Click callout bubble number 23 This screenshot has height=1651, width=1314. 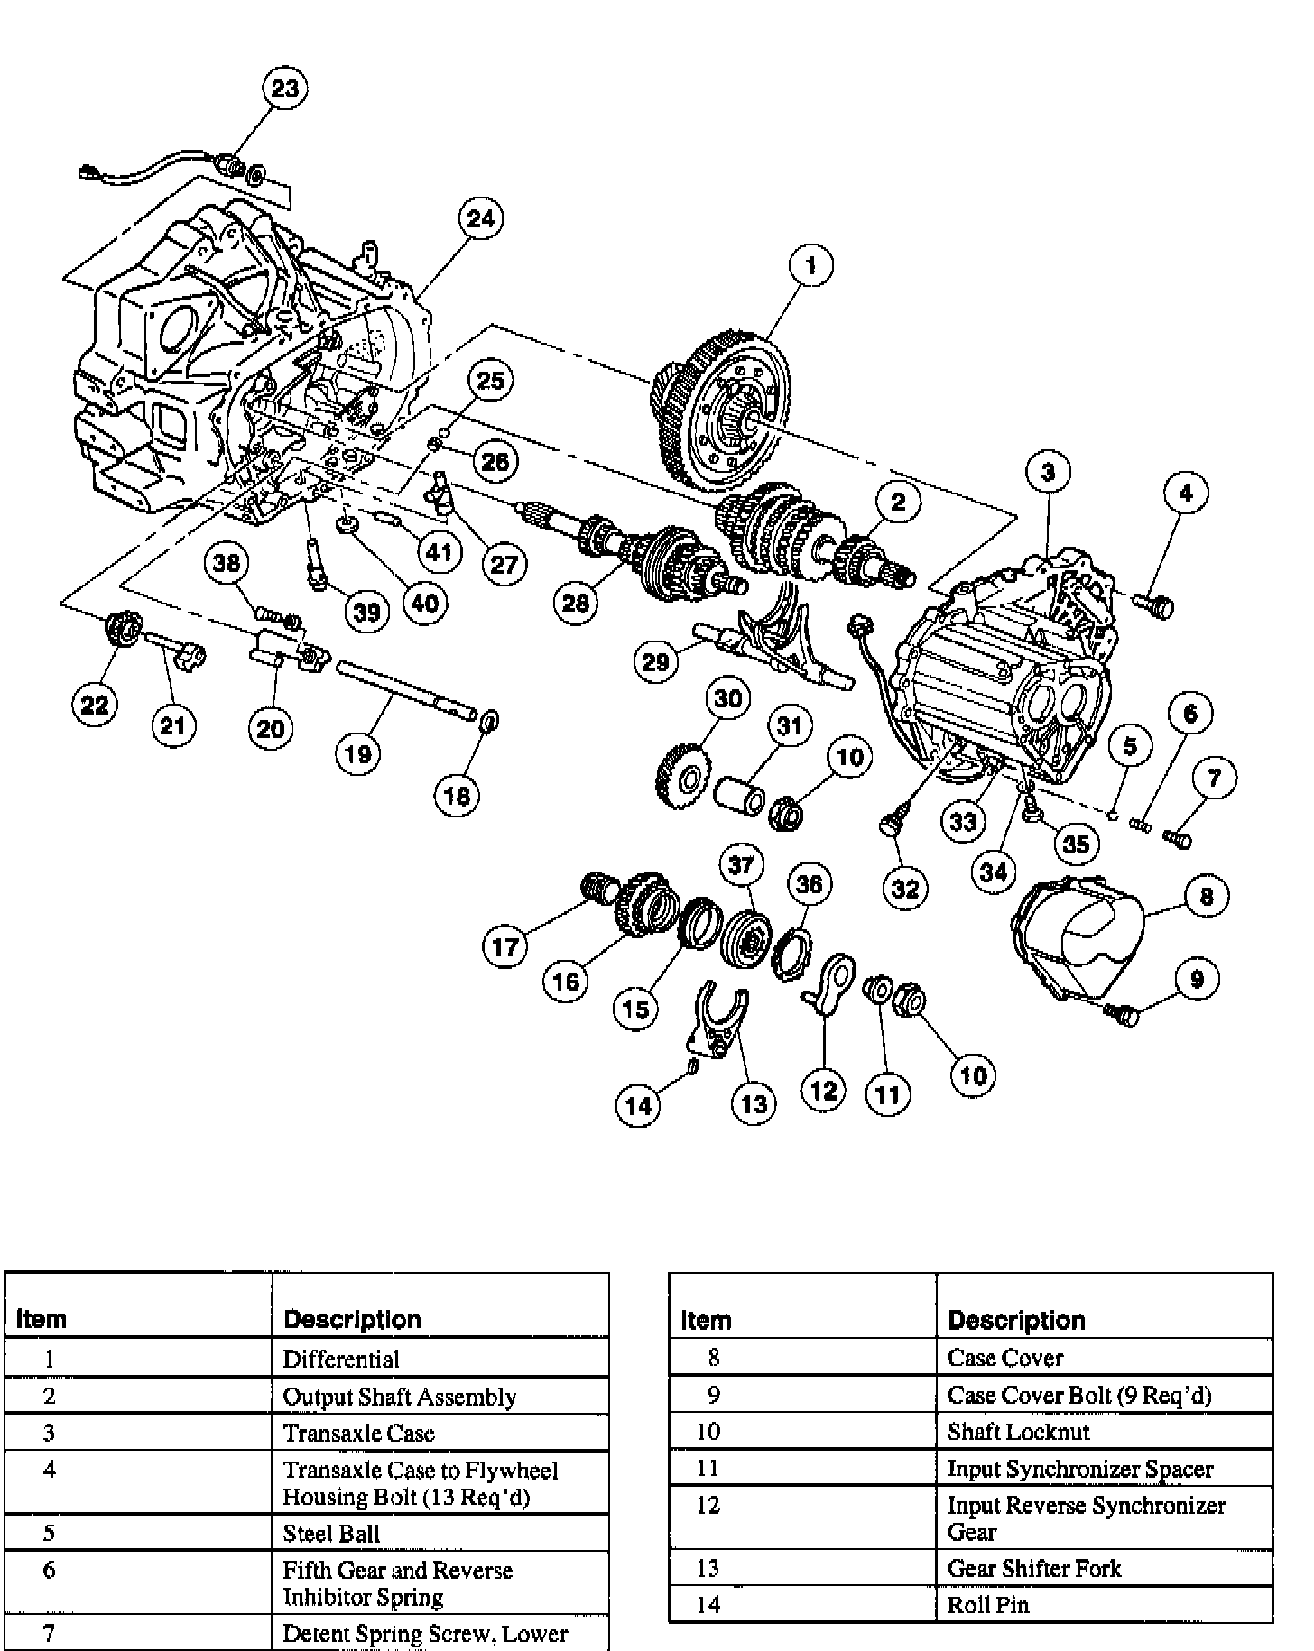click(284, 89)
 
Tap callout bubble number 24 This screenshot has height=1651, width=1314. click(481, 218)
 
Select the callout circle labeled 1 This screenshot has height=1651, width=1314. click(811, 265)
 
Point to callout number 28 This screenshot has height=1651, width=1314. click(576, 603)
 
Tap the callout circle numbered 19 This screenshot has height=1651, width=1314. click(358, 753)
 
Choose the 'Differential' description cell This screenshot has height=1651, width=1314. click(341, 1359)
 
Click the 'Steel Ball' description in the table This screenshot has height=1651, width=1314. click(331, 1533)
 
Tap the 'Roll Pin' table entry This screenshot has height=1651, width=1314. click(988, 1605)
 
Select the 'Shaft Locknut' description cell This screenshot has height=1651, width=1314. click(1018, 1432)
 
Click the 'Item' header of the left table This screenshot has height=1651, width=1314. click(42, 1319)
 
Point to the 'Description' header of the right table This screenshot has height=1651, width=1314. click(1016, 1321)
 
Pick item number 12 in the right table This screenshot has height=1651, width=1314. click(708, 1506)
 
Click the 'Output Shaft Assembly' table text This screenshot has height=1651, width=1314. click(399, 1397)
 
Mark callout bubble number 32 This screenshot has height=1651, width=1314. click(905, 888)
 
